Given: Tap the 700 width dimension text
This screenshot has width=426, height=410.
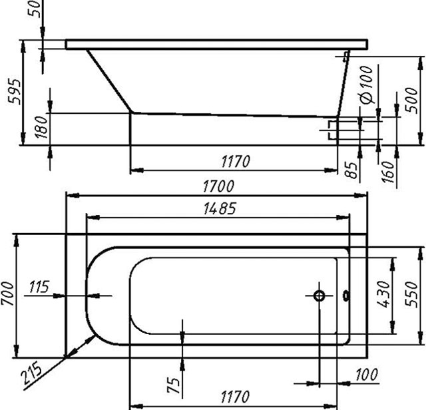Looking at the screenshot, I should point(7,294).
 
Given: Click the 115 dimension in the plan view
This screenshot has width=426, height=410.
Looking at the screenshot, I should point(41,287).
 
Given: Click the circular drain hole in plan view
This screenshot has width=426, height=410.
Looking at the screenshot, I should point(319,296).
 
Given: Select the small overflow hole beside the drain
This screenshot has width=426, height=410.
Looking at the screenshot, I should point(345,296).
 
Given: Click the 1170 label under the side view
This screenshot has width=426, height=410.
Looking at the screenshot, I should point(234,161).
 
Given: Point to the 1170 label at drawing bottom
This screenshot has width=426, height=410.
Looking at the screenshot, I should point(234,397).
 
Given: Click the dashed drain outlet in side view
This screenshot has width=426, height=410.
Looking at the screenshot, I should point(333,129).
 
